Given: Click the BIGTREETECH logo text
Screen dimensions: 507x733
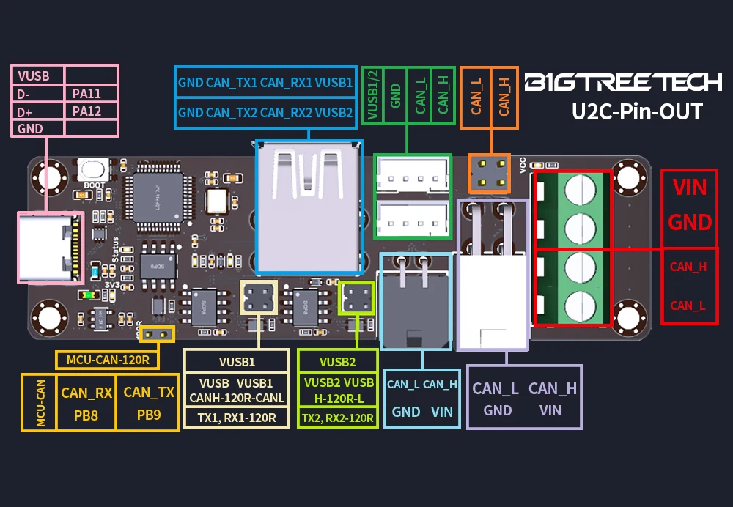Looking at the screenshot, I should pos(624,82).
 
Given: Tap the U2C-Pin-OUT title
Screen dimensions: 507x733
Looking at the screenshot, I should pos(636,112).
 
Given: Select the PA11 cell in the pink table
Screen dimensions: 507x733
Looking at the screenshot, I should pos(86,93).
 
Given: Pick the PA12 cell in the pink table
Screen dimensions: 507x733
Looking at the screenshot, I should pos(86,111).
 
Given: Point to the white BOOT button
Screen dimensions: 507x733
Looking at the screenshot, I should pos(93,169).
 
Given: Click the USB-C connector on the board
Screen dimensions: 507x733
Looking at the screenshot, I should pos(48,248).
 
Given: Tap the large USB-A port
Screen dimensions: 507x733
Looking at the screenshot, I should pos(309,198).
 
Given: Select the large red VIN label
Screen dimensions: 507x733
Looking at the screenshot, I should pos(689,187).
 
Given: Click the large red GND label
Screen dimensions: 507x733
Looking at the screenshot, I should pos(689,221).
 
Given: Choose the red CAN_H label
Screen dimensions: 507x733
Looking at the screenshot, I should pos(688,267).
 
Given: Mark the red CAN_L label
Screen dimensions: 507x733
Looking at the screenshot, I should pos(688,306).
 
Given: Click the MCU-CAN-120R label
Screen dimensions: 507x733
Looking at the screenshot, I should pos(108,360).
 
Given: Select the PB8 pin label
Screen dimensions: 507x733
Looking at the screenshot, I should pos(86,414).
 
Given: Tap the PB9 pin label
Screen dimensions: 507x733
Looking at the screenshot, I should pos(149,414).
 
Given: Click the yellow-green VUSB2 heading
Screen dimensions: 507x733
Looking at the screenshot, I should pos(337,361).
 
